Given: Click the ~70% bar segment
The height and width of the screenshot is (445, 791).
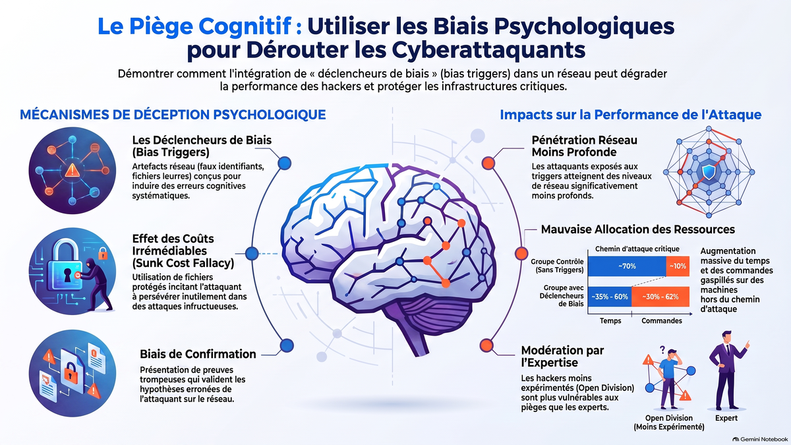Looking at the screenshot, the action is coord(627,266).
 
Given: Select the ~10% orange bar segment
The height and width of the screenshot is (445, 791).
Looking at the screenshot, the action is coord(678,266).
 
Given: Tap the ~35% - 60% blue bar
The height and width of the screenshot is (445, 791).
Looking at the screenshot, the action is coord(610,297).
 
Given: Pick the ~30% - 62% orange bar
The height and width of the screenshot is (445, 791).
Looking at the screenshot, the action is coord(660,297).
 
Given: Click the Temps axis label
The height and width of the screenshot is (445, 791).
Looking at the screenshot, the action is coord(610,320).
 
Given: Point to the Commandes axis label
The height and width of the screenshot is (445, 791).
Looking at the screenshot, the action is coord(661,320).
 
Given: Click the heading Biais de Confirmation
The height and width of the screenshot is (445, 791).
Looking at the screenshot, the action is coord(198,354).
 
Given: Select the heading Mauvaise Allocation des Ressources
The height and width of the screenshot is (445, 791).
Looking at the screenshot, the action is coord(638,229).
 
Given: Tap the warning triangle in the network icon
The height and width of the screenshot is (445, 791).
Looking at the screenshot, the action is coord(72,170).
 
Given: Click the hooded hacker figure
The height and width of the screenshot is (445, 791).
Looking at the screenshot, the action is coord(98,284).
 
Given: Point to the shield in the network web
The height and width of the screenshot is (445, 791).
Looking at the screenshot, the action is coord(709,172).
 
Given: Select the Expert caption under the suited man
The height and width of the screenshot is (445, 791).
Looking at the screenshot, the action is coord(726,418).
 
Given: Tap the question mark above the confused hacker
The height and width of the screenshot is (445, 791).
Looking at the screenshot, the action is coord(662,349).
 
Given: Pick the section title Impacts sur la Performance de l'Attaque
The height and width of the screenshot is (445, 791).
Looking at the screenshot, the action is coord(630,115).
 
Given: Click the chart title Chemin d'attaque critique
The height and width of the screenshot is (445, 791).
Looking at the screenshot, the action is coord(637,249).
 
